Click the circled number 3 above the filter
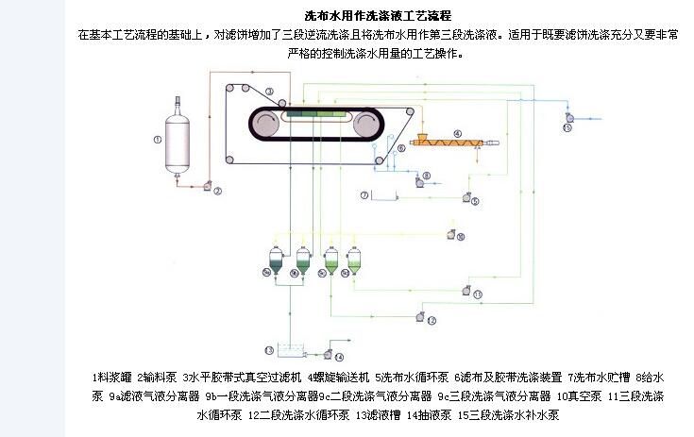(269, 92)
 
